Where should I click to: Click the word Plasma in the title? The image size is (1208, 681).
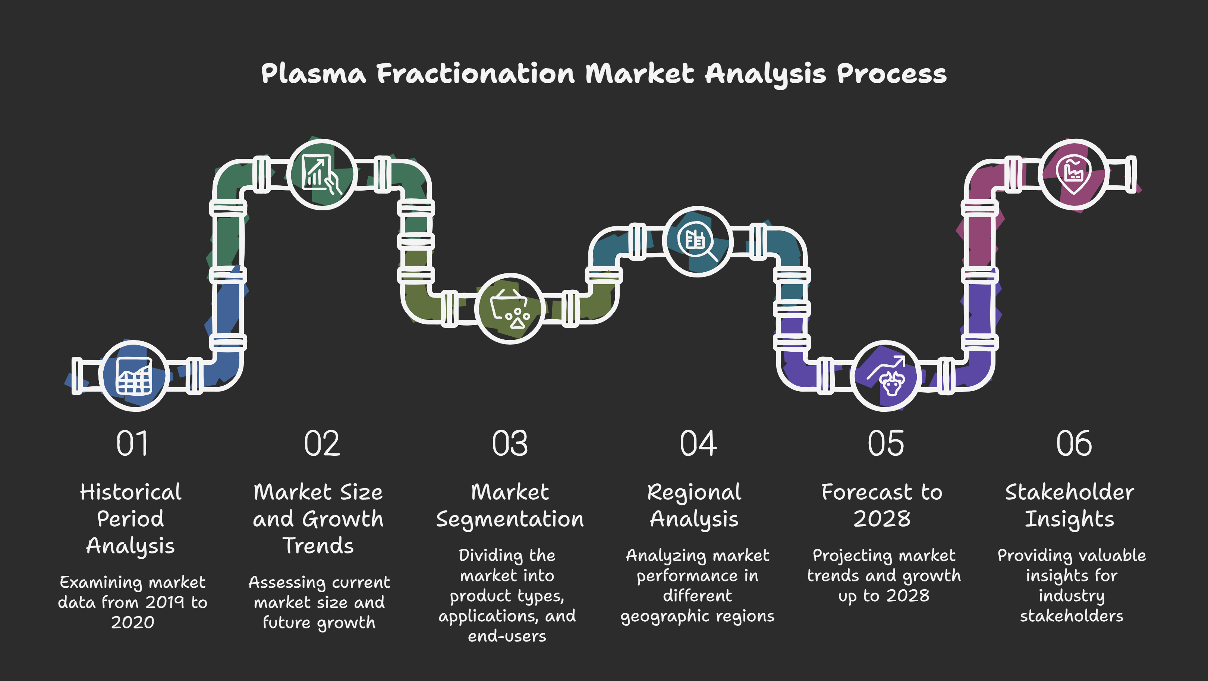click(x=313, y=74)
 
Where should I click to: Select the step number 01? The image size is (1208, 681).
click(x=132, y=444)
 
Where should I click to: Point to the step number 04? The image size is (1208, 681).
click(x=698, y=444)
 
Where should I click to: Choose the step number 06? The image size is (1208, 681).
click(x=1074, y=444)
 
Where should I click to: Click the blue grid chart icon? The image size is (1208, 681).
click(x=134, y=376)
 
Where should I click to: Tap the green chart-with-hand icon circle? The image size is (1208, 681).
click(x=322, y=174)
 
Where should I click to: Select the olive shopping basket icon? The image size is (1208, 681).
click(x=510, y=308)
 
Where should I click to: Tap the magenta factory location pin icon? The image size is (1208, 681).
click(x=1073, y=175)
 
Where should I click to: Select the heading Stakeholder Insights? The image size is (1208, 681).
click(x=1070, y=506)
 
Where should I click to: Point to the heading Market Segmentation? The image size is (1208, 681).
click(x=510, y=506)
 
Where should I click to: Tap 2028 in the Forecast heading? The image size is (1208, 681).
click(x=882, y=519)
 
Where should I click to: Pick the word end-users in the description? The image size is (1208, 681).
click(x=507, y=636)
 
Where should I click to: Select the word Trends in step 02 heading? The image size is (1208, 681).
click(x=318, y=546)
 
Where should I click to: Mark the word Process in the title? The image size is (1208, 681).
click(x=891, y=74)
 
